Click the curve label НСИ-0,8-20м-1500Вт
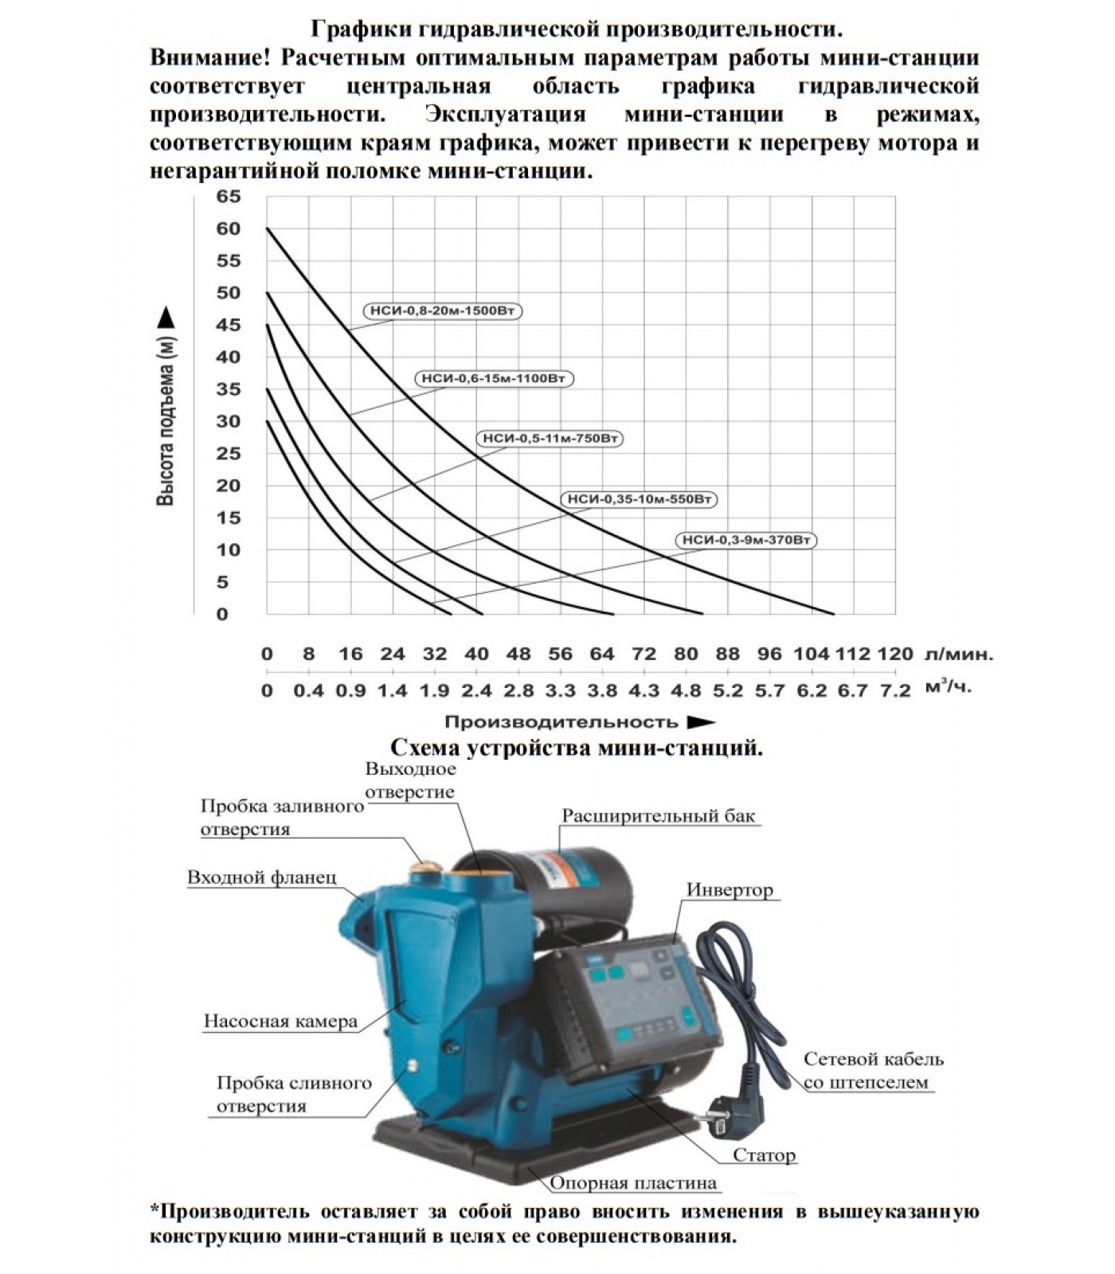[444, 311]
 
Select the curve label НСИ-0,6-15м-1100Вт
[494, 378]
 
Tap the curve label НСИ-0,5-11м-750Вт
[550, 438]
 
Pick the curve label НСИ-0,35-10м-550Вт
[638, 499]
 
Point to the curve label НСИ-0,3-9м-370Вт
[747, 540]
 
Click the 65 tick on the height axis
[228, 197]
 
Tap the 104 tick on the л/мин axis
[811, 655]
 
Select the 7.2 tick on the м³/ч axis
[895, 691]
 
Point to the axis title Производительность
[561, 722]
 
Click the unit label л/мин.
[960, 655]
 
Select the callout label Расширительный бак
[658, 816]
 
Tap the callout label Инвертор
[730, 890]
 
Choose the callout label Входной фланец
[261, 877]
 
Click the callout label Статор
[764, 1155]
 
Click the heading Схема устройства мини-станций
[576, 748]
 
